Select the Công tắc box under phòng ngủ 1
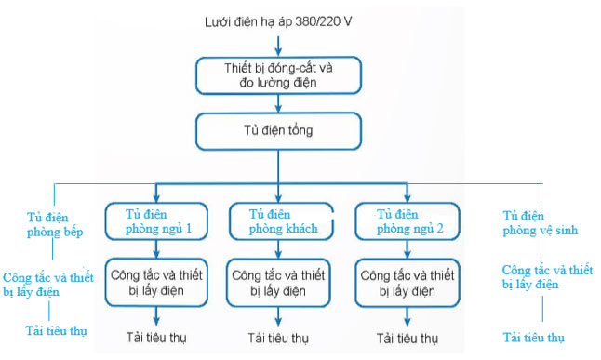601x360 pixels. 154,283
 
